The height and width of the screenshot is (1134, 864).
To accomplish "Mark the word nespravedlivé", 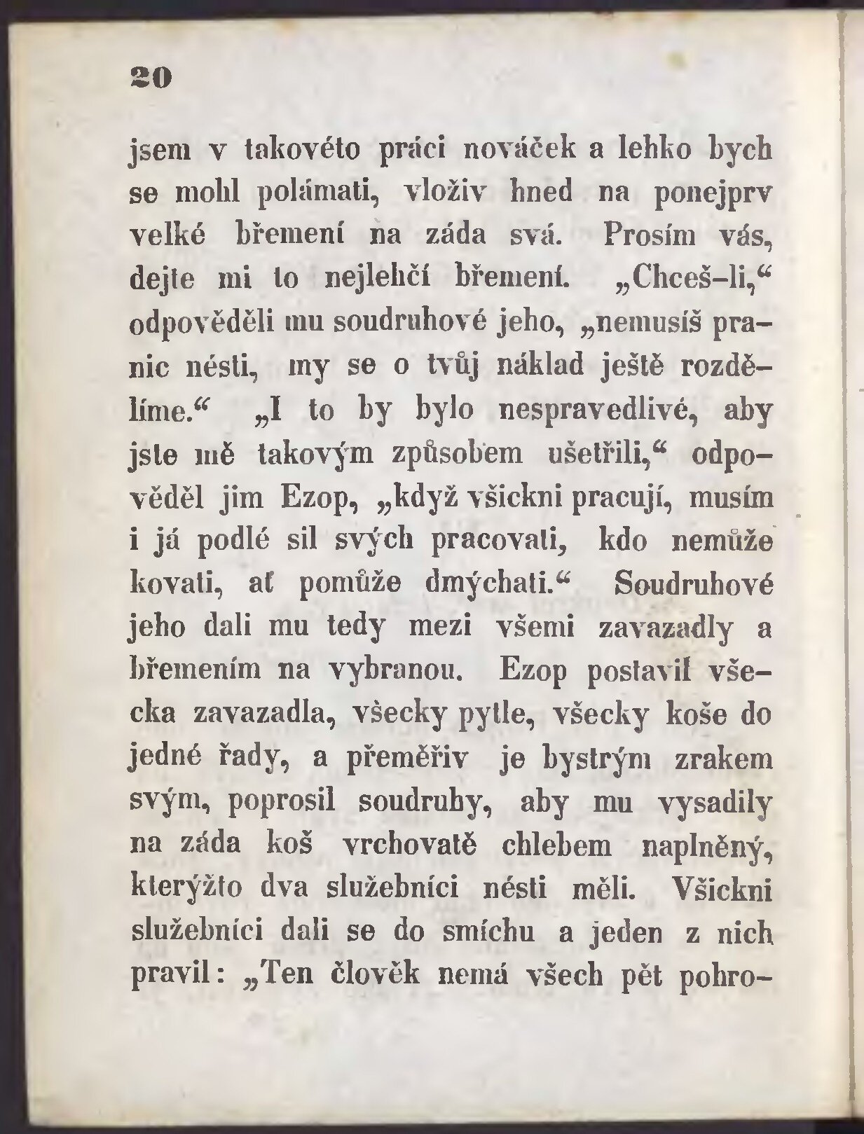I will tap(596, 410).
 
